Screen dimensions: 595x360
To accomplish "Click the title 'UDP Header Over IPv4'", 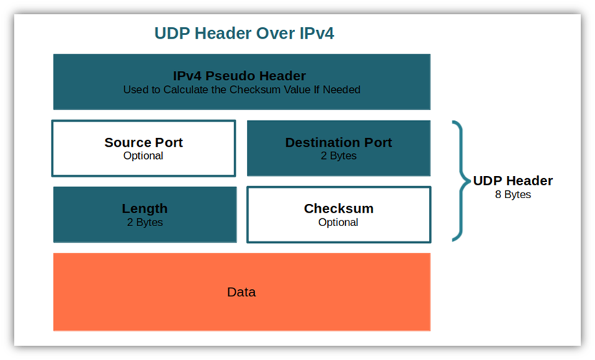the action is point(244,34).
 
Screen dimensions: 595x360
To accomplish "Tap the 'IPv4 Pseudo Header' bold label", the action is point(239,76).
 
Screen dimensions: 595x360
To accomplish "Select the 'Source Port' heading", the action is point(143,142).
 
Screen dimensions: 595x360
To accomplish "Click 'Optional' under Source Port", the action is point(143,156).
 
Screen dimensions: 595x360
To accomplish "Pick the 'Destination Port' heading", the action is point(339,142).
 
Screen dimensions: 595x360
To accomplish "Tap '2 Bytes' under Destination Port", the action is point(339,156).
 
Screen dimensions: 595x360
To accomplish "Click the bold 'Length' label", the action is point(145,209).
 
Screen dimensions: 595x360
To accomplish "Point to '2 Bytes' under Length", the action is point(145,223).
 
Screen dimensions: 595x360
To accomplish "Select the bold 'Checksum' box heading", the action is point(339,209).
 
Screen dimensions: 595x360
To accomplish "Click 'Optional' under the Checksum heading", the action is point(338,223).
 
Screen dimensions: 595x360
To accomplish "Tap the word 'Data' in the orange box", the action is point(241,292).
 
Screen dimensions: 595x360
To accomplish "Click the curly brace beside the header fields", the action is point(461,181).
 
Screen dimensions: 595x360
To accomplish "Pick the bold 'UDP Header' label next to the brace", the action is point(513,180).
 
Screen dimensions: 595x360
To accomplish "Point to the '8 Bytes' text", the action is point(513,195).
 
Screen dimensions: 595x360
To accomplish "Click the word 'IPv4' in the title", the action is point(316,34).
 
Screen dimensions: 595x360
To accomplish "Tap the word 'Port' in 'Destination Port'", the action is point(378,142).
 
